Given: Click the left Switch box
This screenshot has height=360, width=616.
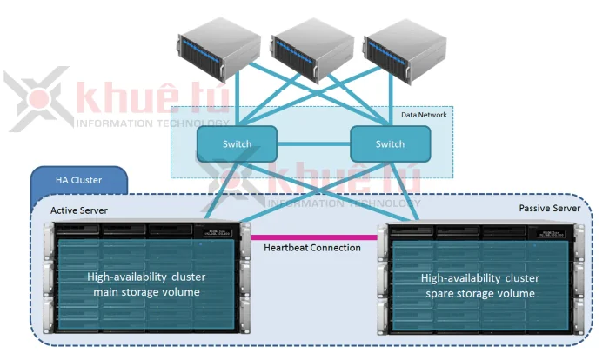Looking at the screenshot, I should [x=237, y=143].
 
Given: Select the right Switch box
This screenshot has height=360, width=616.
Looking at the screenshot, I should [x=390, y=143].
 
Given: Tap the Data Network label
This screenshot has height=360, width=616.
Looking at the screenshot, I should [x=424, y=115].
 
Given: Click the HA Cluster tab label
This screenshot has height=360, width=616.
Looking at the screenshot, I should [x=79, y=180].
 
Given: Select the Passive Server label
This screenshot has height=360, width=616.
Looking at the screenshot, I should [x=549, y=209].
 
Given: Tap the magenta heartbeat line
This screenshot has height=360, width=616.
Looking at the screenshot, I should [x=313, y=236].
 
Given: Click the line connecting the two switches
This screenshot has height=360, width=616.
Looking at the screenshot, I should [x=313, y=143].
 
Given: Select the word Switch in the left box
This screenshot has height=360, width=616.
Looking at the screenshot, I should [x=237, y=143].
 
